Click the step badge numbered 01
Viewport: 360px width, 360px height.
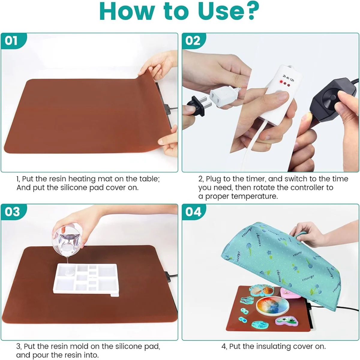point(11,40)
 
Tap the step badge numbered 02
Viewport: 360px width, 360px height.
point(193,40)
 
